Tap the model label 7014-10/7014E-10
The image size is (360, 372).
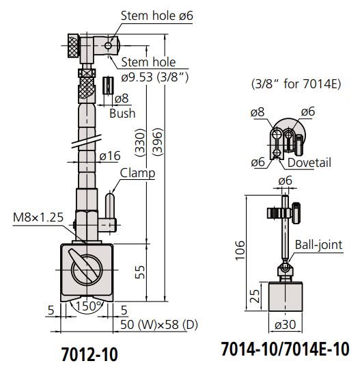point(285,349)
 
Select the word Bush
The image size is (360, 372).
point(122,113)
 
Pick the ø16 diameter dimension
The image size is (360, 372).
point(111,157)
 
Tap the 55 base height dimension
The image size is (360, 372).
point(140,272)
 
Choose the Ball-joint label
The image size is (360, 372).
point(319,244)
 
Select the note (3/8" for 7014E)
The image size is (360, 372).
point(286,85)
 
